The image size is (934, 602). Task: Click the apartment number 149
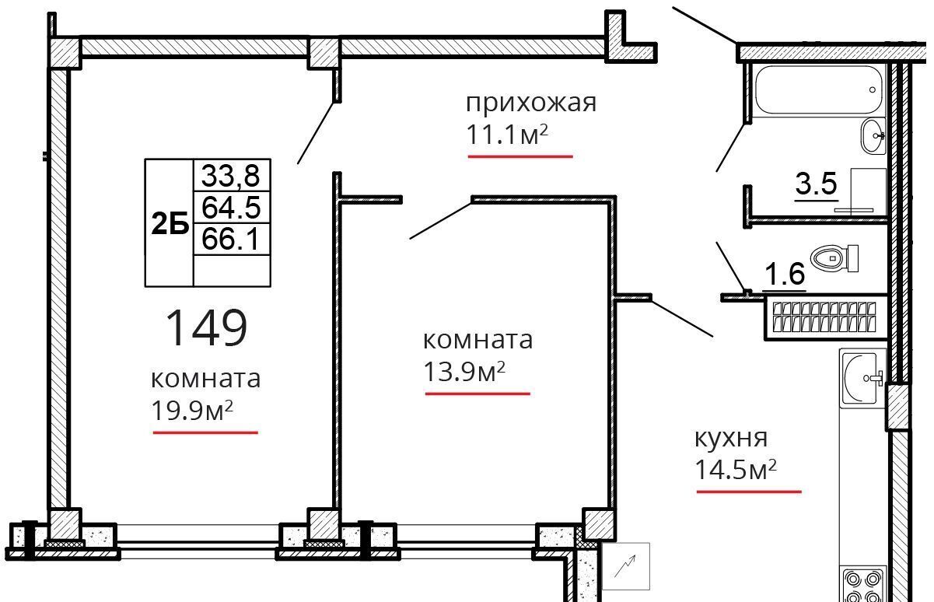click(x=207, y=327)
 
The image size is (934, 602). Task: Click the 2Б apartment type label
click(x=170, y=225)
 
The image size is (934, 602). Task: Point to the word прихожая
click(x=530, y=103)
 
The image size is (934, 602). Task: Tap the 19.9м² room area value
click(x=192, y=410)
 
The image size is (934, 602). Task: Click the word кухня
click(x=730, y=437)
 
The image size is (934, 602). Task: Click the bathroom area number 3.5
click(x=815, y=185)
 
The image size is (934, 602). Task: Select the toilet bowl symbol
click(x=834, y=257)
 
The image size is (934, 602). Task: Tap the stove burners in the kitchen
click(x=862, y=586)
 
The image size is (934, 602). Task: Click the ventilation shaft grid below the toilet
click(x=823, y=317)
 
